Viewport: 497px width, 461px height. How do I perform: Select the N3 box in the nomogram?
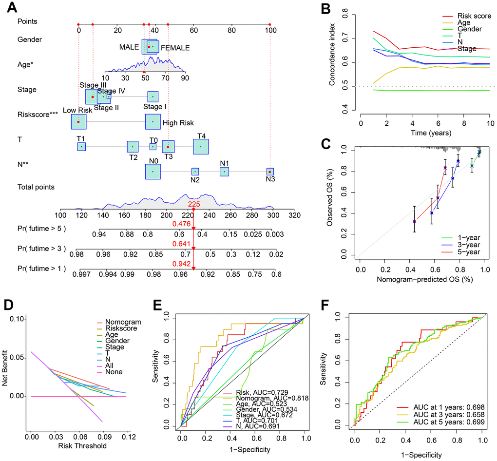coord(269,172)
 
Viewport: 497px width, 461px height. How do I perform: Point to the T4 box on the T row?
coord(200,146)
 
